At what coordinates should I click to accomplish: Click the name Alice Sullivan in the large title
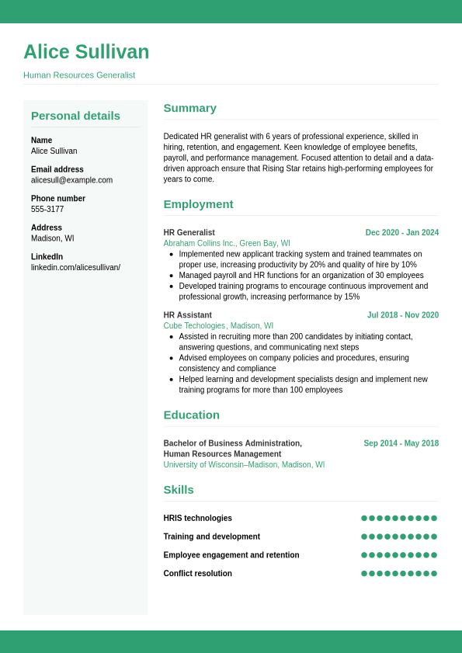click(86, 52)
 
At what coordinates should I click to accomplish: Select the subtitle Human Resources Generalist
click(79, 75)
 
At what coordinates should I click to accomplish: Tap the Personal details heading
click(75, 116)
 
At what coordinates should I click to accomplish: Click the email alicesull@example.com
click(71, 180)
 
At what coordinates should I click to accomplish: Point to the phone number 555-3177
click(47, 210)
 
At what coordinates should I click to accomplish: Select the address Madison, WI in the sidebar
click(52, 238)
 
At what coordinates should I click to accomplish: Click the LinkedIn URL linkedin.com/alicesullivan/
click(75, 268)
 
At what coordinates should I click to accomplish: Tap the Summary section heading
click(189, 108)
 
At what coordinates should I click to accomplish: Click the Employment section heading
click(198, 204)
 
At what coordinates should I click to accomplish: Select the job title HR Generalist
click(189, 233)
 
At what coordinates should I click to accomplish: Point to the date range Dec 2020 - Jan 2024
click(401, 233)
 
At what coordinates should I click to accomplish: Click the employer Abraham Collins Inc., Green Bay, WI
click(227, 243)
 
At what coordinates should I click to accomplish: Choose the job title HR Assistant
click(187, 315)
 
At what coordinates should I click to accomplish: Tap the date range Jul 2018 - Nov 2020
click(402, 315)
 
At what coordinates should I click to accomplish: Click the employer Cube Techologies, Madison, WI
click(218, 326)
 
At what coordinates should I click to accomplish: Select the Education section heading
click(191, 415)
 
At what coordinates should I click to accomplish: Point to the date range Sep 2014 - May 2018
click(401, 444)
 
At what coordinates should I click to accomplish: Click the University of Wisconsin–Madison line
click(244, 465)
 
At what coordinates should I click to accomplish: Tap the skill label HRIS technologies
click(197, 519)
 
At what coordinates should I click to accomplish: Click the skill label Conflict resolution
click(197, 574)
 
